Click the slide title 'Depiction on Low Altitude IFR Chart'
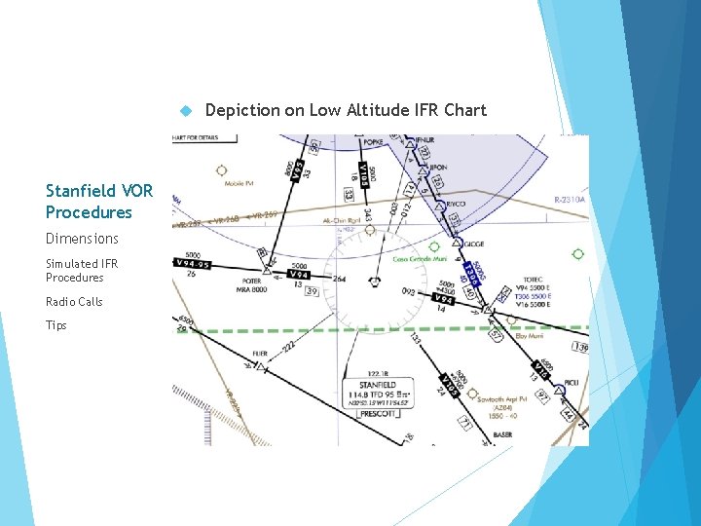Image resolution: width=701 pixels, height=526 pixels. tap(346, 110)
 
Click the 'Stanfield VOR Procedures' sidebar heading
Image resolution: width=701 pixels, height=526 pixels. tap(89, 202)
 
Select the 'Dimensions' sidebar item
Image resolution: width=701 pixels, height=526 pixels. tap(82, 239)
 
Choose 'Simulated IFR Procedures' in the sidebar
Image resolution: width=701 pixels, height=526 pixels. tap(82, 271)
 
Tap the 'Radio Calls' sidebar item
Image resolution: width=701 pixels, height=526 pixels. tap(74, 302)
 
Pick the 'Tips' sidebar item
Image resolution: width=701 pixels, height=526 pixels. tap(56, 325)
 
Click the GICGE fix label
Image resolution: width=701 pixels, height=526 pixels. tap(474, 243)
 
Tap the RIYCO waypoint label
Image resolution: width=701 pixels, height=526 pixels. tap(459, 206)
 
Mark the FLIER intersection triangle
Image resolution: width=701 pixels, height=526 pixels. tap(259, 366)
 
